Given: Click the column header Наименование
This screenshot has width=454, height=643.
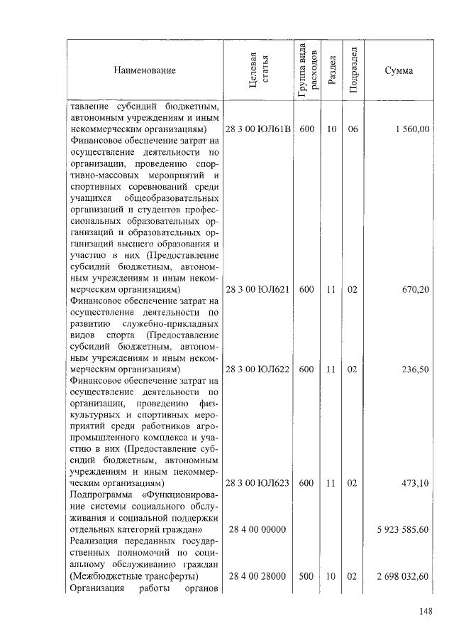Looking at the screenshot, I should point(144,70).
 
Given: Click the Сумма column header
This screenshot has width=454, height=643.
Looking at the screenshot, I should point(399,70).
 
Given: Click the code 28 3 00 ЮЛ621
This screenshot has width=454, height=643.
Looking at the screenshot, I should point(258,290).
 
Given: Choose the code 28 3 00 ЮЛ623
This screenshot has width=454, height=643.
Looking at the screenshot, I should point(258,483).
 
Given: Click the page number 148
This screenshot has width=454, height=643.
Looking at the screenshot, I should point(426,612).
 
